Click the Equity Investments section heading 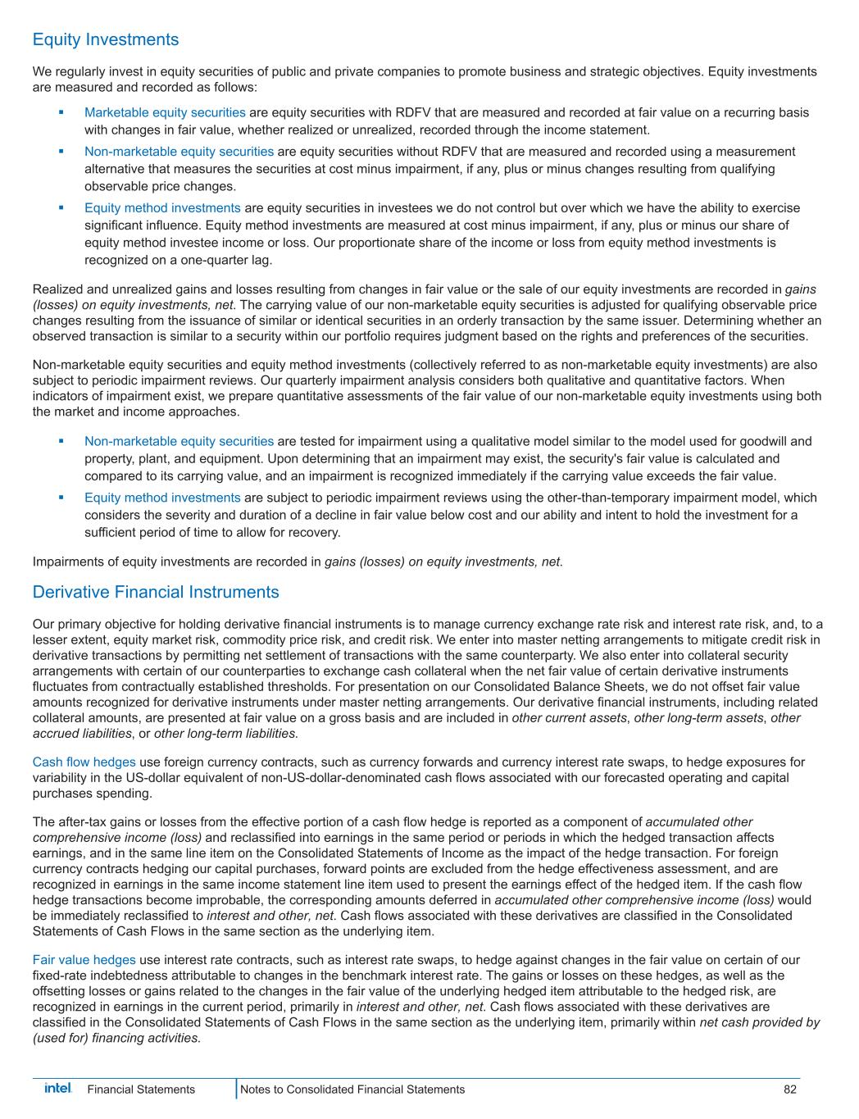(x=105, y=39)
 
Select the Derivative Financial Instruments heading (x=156, y=592)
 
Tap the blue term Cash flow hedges (x=84, y=762)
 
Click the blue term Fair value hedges (x=84, y=960)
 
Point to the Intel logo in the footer (x=57, y=1089)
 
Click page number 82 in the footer (x=789, y=1089)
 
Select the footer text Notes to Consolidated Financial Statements (x=353, y=1089)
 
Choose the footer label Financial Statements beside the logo (x=141, y=1089)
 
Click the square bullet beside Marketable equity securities (x=61, y=112)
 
